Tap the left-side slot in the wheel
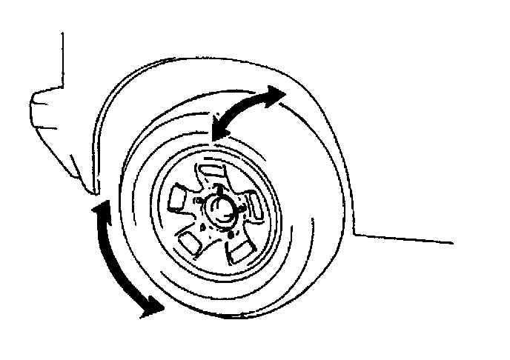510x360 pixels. click(x=179, y=198)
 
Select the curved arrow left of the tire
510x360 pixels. click(x=115, y=259)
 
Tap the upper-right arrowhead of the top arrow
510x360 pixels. click(x=275, y=94)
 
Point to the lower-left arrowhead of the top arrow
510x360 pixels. click(x=217, y=131)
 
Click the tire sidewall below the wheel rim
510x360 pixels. click(x=222, y=293)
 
